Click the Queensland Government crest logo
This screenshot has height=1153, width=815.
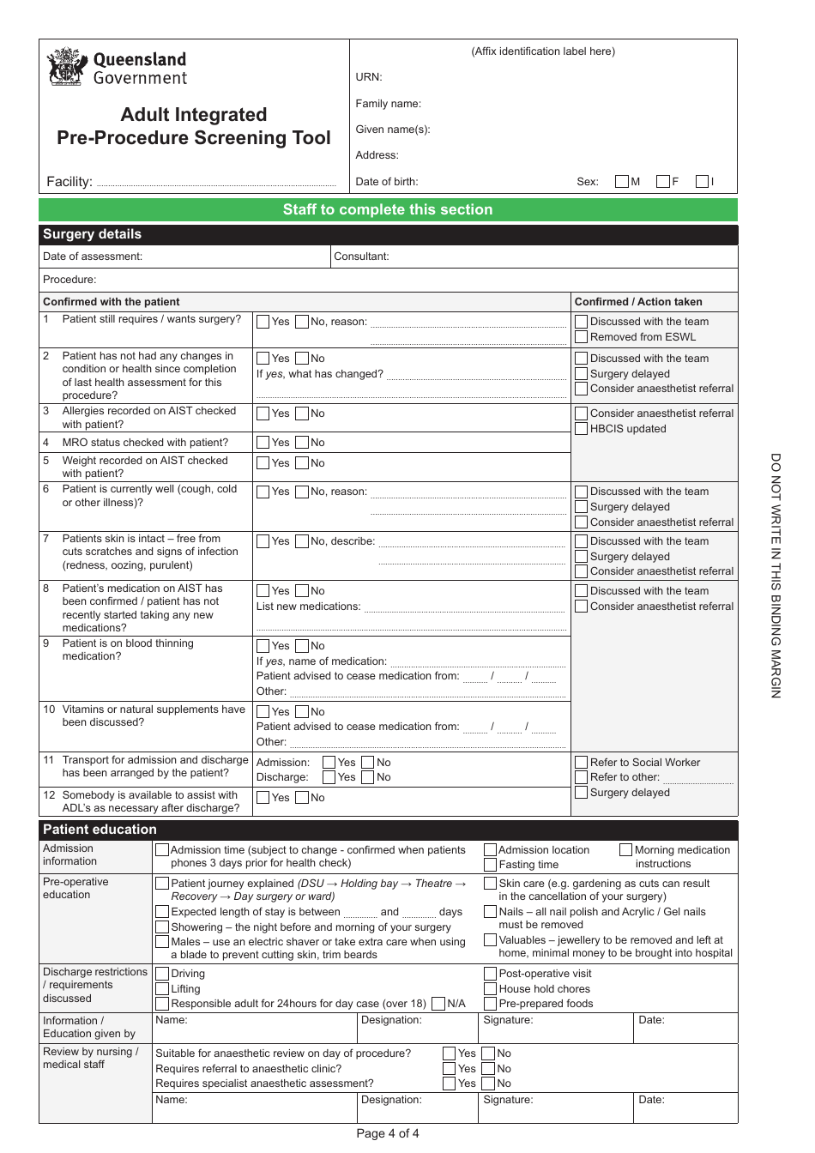(67, 68)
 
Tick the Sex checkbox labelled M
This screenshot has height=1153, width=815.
(622, 182)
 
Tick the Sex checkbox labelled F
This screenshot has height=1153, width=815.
(662, 182)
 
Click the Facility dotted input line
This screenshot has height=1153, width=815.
(215, 184)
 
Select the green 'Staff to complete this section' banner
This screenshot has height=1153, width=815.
(388, 210)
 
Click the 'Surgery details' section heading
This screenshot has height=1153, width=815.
(93, 234)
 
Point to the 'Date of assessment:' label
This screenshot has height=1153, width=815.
(93, 257)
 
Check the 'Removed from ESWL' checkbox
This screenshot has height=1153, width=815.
(582, 337)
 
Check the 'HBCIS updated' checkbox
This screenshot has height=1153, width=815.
(582, 429)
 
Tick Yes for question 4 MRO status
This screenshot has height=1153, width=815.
(263, 443)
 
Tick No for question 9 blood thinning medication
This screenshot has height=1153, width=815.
(302, 646)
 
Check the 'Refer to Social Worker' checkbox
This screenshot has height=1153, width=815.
(582, 763)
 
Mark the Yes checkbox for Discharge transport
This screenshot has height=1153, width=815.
(329, 777)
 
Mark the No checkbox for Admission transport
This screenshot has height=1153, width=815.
(368, 763)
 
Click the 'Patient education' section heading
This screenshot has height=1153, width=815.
(100, 830)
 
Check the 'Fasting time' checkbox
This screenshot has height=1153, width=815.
(491, 865)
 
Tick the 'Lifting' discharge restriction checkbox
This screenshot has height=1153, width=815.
(162, 989)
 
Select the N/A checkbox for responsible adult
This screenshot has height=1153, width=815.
(438, 1004)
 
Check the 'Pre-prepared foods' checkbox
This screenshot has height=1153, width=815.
(491, 1004)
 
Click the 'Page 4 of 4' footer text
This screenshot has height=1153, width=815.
(388, 1133)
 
